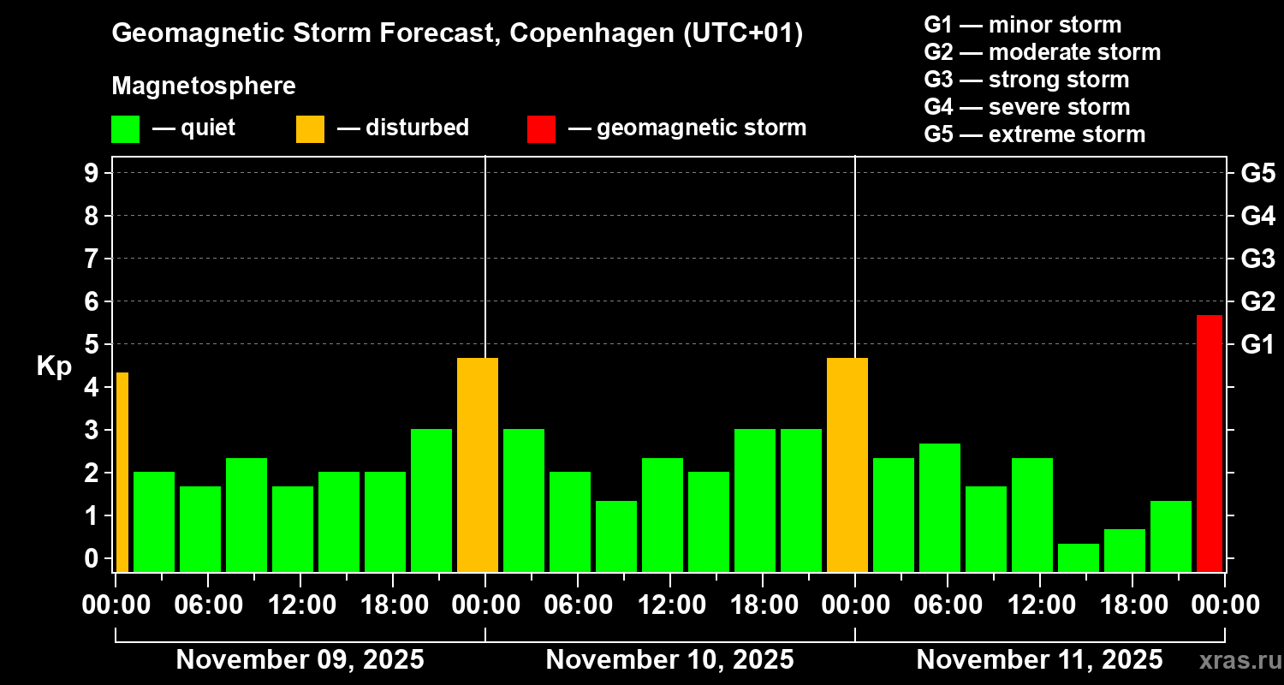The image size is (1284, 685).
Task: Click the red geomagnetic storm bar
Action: (x=1209, y=443)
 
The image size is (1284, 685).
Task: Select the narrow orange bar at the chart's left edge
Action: (x=122, y=472)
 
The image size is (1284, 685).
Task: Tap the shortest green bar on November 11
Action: (x=1078, y=557)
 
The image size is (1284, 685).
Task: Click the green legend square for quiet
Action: (x=125, y=129)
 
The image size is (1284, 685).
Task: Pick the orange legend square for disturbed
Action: (x=310, y=129)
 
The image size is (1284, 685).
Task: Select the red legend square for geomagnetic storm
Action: (x=541, y=129)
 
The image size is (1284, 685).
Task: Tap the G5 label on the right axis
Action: (x=1257, y=174)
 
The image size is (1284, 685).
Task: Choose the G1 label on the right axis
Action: (x=1257, y=345)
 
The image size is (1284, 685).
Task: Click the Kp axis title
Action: (x=53, y=366)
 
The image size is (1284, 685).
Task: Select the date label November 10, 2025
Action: (x=669, y=660)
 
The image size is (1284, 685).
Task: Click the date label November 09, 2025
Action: (x=300, y=660)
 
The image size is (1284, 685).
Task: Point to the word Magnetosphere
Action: (x=204, y=86)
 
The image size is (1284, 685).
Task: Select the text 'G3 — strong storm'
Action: (x=1026, y=80)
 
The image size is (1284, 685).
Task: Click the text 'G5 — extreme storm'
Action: (x=1034, y=134)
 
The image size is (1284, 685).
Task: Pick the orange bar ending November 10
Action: (x=847, y=464)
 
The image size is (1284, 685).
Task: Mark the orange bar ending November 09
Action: (x=477, y=464)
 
